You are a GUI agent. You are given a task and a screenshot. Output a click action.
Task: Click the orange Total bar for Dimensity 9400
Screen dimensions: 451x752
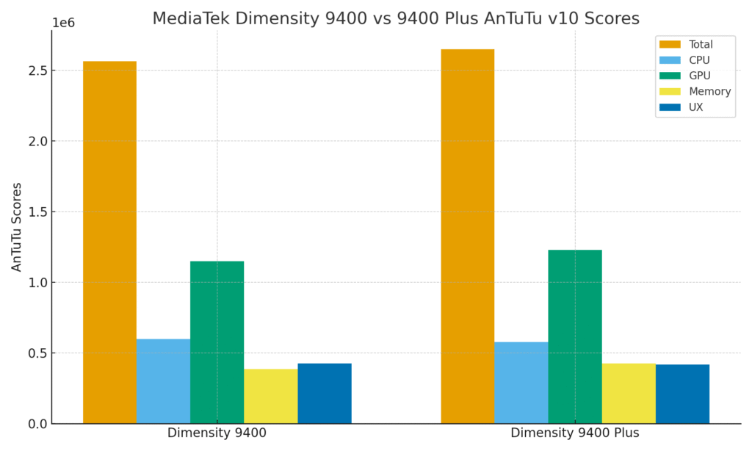(109, 242)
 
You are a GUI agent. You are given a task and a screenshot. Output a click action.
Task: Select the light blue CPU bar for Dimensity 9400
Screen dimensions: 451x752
(163, 381)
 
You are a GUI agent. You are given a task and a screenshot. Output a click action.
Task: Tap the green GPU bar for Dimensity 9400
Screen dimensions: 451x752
(217, 342)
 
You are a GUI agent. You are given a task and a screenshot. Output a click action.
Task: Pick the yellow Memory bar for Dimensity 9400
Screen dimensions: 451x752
(270, 397)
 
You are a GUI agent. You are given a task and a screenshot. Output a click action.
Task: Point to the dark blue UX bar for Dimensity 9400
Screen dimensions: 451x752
(324, 394)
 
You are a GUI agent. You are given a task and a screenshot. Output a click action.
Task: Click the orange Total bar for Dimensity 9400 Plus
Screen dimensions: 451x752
(468, 237)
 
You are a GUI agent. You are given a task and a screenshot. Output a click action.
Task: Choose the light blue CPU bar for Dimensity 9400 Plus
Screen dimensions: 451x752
(521, 383)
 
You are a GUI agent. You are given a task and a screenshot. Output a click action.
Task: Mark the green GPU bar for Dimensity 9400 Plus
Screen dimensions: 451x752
(575, 336)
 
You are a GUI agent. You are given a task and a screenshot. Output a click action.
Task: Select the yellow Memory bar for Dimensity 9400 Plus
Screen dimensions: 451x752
(629, 394)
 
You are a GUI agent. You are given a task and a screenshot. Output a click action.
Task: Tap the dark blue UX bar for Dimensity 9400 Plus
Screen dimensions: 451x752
(682, 394)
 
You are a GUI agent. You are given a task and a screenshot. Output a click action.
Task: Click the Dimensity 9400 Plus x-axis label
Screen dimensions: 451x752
(575, 433)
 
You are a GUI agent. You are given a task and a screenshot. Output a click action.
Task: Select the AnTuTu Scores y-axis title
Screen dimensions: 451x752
(17, 227)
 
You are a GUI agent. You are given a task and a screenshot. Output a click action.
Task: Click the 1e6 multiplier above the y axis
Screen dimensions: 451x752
(63, 23)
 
